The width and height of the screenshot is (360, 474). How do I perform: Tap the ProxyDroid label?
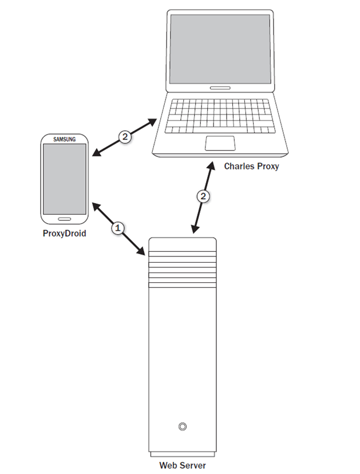click(x=64, y=233)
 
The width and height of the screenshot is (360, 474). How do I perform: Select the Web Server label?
click(x=182, y=465)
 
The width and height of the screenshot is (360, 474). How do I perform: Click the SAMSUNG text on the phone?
click(x=64, y=139)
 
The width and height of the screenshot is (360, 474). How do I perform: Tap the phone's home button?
click(x=65, y=218)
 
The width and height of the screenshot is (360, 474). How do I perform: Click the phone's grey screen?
click(x=64, y=178)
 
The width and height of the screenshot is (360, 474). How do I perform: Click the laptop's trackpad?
click(x=221, y=143)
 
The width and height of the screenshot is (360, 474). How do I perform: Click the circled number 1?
click(x=118, y=228)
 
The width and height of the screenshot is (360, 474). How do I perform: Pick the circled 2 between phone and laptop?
click(x=125, y=136)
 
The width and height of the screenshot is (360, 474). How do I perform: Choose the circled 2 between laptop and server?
click(x=203, y=196)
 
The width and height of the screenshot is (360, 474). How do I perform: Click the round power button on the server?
click(x=182, y=426)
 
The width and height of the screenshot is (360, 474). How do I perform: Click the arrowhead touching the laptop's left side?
click(x=153, y=121)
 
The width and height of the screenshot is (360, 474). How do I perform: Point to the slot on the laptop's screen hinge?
click(x=220, y=88)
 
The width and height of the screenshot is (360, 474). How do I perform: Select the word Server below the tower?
click(x=193, y=465)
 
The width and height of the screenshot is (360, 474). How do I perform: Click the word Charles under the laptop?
click(x=236, y=167)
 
